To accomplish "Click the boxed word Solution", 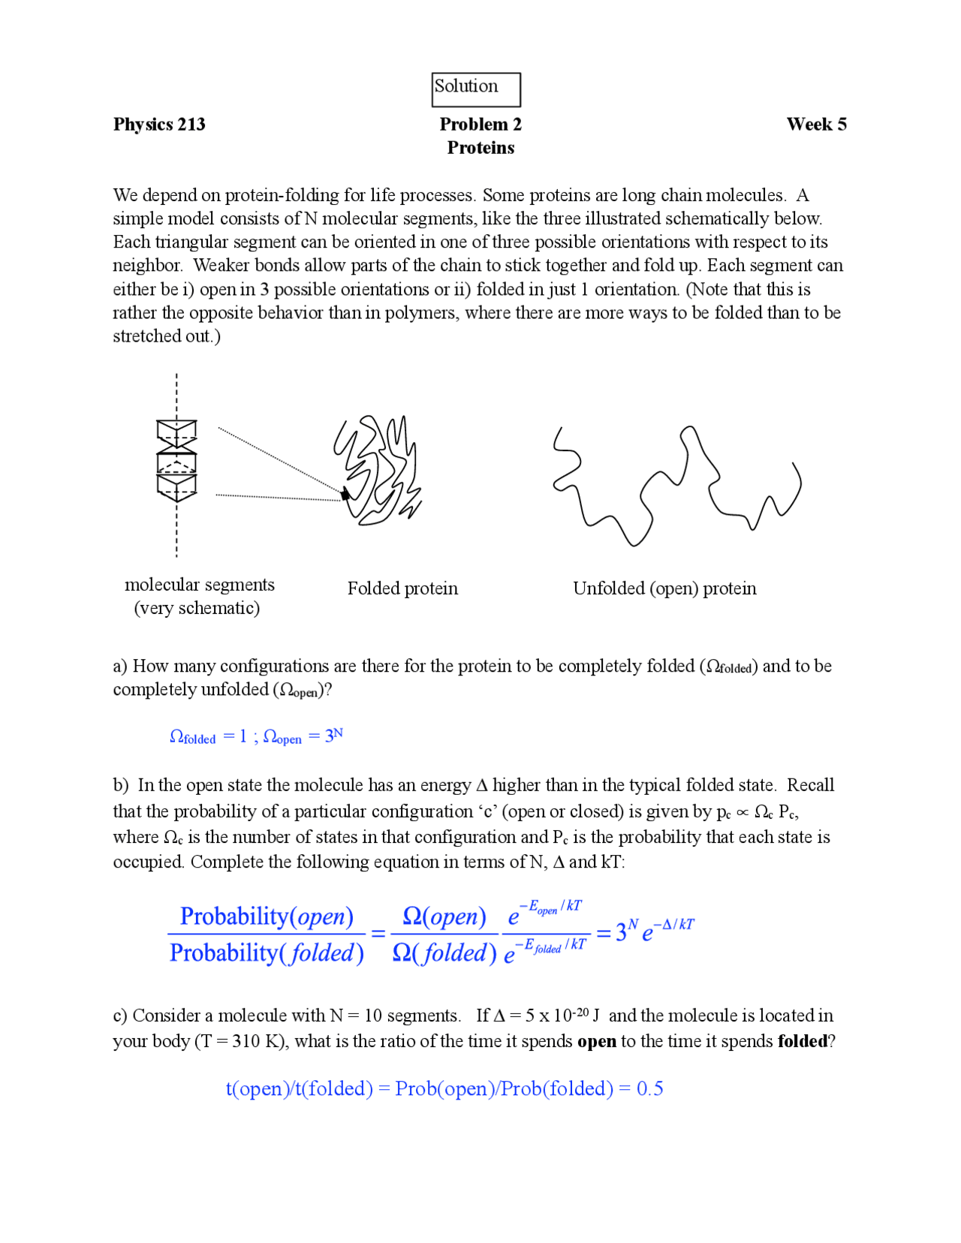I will click(466, 86).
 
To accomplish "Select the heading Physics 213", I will click(159, 125).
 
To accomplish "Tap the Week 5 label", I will click(816, 125).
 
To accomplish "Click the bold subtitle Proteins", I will click(480, 148).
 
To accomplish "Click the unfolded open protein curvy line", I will click(676, 484).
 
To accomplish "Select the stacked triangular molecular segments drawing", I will click(176, 461).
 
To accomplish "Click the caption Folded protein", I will click(402, 588).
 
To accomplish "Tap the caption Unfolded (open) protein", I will click(664, 588).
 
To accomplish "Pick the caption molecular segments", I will click(200, 585).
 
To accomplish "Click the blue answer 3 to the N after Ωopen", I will click(333, 736).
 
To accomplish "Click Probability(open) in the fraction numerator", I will click(267, 916).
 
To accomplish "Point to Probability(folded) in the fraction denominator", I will click(267, 953).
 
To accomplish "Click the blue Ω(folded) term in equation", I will click(444, 953).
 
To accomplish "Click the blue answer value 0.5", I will click(649, 1088).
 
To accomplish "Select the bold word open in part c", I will click(597, 1042).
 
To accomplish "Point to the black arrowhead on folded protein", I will click(345, 494).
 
